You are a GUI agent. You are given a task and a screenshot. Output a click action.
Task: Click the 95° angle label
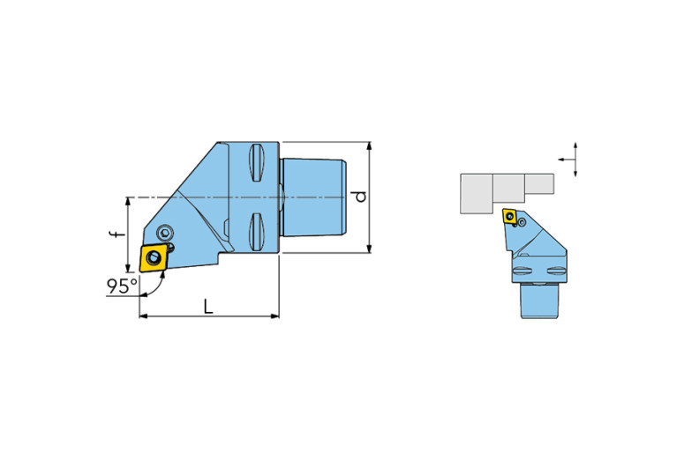coord(122,286)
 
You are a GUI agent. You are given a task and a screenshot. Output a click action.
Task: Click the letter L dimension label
coord(208,307)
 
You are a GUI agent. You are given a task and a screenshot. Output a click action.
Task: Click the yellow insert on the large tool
coord(154,257)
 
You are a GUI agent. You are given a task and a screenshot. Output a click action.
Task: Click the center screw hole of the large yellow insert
coord(153,258)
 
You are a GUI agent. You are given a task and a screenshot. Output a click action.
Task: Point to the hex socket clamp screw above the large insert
coord(165,233)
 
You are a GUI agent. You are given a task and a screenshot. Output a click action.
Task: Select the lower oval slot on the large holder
coord(256,232)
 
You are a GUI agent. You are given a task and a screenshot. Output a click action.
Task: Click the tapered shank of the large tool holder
coord(313,197)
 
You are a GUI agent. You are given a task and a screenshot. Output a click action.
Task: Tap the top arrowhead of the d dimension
coord(369,145)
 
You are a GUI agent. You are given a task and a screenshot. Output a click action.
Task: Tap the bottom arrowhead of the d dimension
coord(369,249)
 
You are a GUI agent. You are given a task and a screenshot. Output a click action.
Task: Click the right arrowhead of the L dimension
coord(275,316)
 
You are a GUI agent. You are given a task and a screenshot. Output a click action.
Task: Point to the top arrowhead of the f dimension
coord(128,202)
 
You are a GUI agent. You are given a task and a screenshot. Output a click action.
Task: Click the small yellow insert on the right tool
coord(510,216)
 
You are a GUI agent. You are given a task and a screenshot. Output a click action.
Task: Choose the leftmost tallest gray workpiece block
coord(477,194)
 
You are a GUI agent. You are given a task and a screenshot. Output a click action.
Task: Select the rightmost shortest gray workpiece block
coord(539,183)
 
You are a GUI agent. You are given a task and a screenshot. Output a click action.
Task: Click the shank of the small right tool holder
coord(539,301)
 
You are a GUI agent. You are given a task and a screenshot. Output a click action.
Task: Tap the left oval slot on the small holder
coord(522,271)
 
